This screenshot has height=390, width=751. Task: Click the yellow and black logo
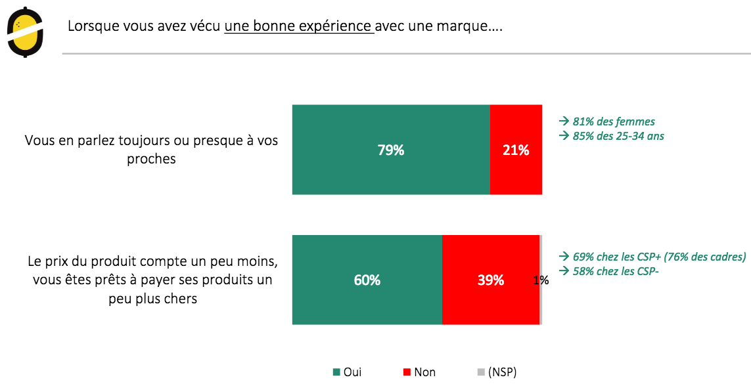[26, 32]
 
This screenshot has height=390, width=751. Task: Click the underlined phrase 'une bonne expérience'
[299, 27]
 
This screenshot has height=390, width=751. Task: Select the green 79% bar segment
[391, 150]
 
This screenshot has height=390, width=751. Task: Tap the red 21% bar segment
[516, 150]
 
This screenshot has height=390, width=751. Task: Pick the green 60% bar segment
[367, 280]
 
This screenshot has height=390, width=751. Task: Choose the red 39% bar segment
[491, 280]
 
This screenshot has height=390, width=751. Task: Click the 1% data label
[541, 280]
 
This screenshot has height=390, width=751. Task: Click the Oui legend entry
[348, 372]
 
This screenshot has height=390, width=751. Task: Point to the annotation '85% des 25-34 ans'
[618, 137]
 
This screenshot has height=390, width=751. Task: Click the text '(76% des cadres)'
[707, 256]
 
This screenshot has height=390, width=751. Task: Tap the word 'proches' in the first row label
[151, 159]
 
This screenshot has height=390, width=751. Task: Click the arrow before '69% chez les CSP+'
[563, 256]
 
